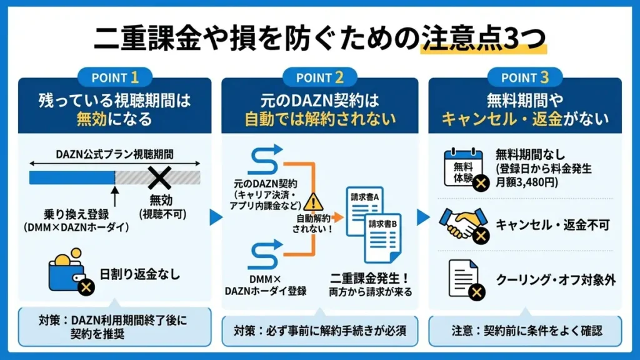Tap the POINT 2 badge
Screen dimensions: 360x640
pos(320,78)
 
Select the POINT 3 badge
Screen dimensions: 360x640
pos(525,78)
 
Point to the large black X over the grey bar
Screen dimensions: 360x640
pos(159,178)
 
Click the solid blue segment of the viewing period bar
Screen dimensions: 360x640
pos(71,178)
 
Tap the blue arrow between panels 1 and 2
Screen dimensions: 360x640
pos(214,217)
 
